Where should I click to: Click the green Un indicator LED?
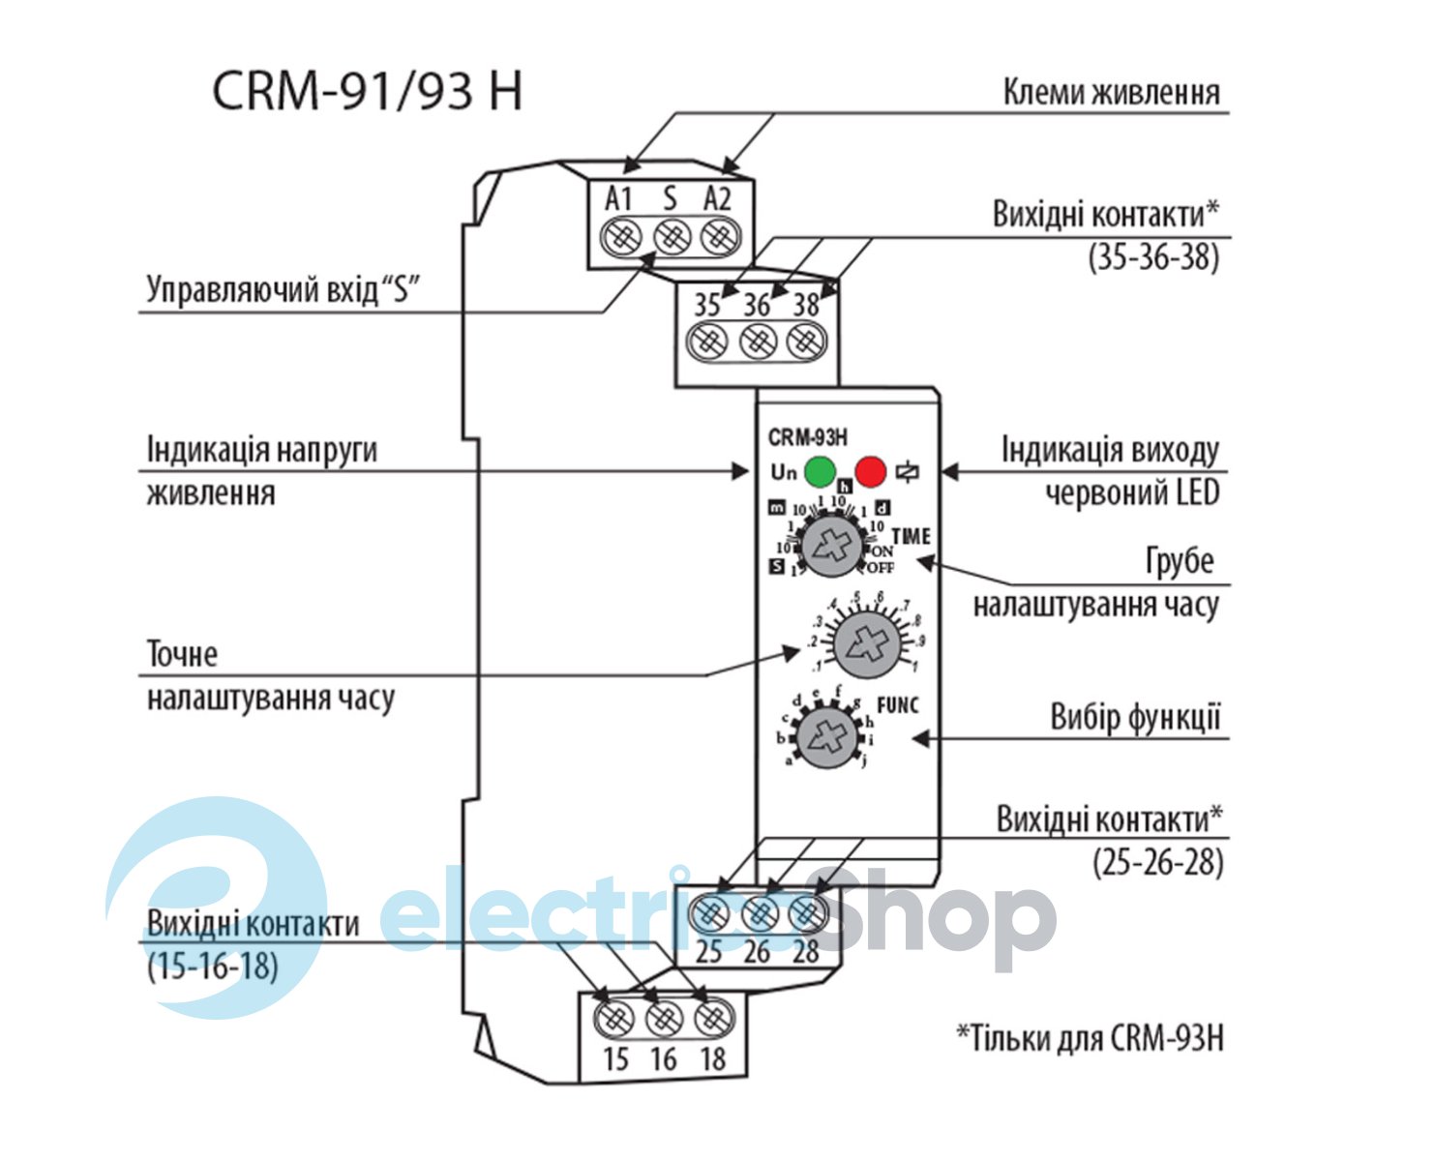(820, 471)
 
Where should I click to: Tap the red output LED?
(871, 471)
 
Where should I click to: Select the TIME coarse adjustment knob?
(832, 545)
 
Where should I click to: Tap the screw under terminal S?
(672, 236)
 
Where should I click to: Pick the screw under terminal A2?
(719, 236)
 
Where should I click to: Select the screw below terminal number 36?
(758, 341)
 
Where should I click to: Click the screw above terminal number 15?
(616, 1018)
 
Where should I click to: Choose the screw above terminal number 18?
(713, 1018)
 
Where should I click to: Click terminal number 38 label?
(806, 305)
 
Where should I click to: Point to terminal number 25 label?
(709, 952)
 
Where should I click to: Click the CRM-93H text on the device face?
(808, 437)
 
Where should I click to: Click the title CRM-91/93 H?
(368, 92)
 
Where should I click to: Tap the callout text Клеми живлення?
(1111, 93)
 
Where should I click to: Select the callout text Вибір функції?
(1135, 718)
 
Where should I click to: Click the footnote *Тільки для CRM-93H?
(1091, 1038)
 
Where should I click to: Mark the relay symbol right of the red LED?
(908, 472)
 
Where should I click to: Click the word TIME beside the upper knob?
(911, 536)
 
